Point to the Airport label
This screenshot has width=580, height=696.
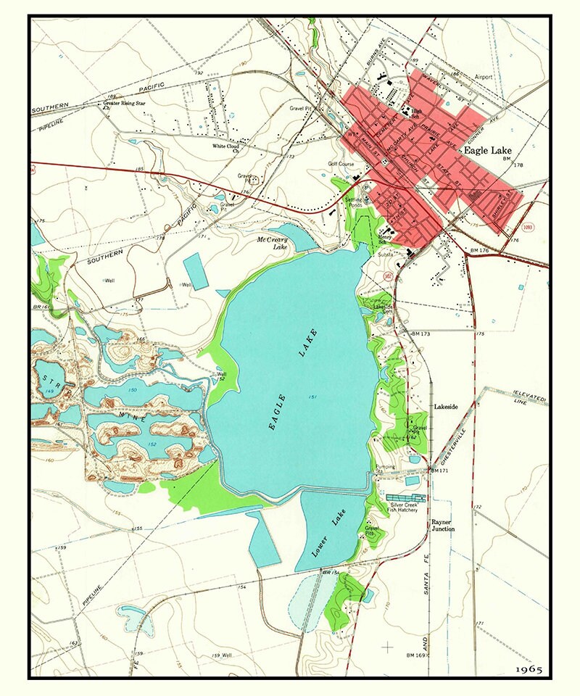coord(484,76)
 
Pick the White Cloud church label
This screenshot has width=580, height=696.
coord(226,146)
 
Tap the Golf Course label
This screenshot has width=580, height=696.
coord(341,165)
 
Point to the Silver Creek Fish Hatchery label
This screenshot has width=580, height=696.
coord(407,507)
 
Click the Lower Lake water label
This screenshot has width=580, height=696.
coord(330,534)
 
